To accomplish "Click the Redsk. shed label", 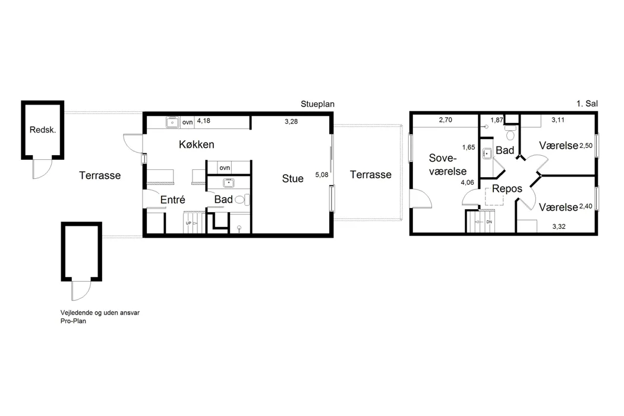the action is point(43,130).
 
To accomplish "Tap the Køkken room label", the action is point(197,144).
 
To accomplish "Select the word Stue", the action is point(293,179).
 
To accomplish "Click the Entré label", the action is point(173,200).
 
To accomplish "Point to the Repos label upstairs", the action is point(507,189).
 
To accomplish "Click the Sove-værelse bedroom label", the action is point(447,165).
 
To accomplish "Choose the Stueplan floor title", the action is point(317,105).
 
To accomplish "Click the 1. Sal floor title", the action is point(587,103).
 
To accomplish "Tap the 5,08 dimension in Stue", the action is point(322,175).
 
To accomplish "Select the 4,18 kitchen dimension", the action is point(204,121).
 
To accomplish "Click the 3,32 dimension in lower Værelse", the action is point(559,226).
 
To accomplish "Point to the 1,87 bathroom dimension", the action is point(497,120).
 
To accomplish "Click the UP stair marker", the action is point(188,223).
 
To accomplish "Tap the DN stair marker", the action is point(489,222).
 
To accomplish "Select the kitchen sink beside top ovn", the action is point(172,122).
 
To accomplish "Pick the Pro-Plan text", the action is point(73,321).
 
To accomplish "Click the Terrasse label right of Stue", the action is point(370,174).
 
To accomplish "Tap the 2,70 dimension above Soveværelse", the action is point(445,119).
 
